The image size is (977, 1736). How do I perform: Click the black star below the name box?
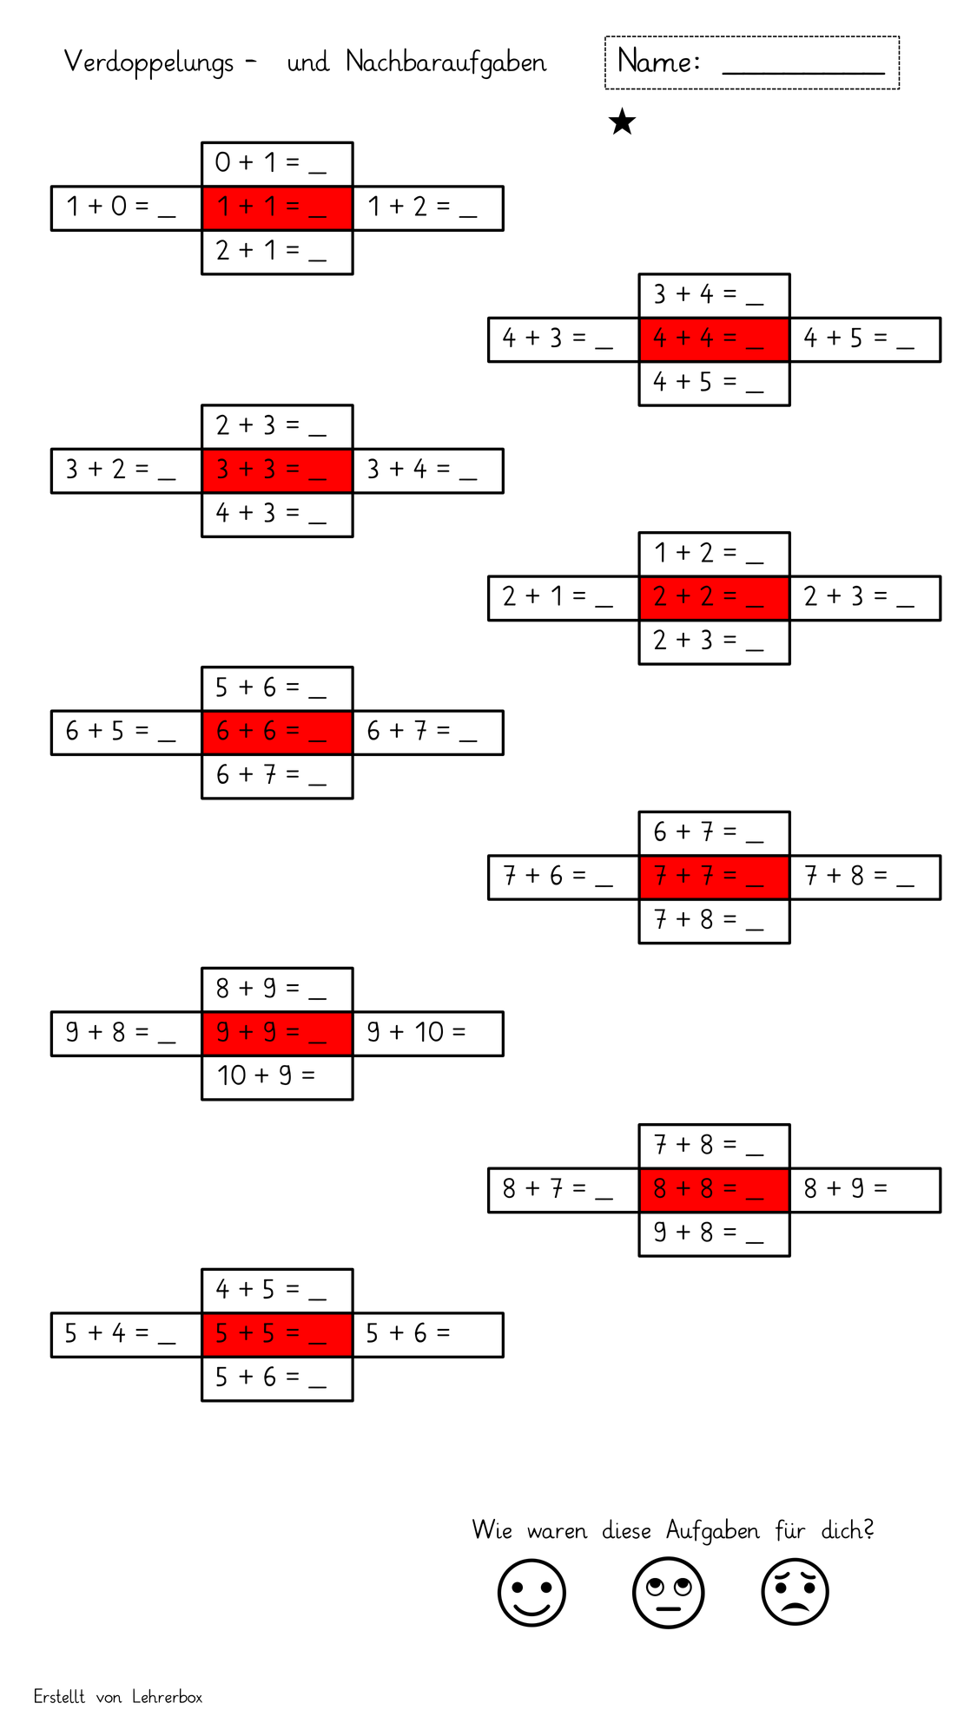(622, 122)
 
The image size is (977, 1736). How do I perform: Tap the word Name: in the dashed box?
(658, 61)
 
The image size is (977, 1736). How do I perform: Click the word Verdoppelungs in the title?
(149, 62)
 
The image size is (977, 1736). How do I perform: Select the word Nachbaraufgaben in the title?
(446, 62)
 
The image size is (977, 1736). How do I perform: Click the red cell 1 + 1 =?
(277, 208)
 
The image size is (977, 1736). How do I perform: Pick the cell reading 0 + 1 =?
(277, 164)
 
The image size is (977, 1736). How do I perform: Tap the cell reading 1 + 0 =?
(127, 208)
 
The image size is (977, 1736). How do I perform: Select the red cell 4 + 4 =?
(714, 339)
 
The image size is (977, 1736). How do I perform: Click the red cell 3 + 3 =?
(277, 470)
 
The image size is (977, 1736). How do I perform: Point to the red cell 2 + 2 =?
(714, 598)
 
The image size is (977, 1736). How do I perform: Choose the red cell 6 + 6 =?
(277, 733)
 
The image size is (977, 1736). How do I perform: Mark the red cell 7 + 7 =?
(714, 878)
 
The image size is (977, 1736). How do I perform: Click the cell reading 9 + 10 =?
(428, 1034)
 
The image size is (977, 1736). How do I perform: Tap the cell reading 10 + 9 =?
(277, 1077)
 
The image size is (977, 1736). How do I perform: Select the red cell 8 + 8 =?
(714, 1190)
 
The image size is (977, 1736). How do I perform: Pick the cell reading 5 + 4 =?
(127, 1335)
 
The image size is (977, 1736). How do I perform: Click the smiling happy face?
(531, 1593)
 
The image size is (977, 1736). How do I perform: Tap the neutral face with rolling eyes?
(668, 1593)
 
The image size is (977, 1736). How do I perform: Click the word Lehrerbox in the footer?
(167, 1697)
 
